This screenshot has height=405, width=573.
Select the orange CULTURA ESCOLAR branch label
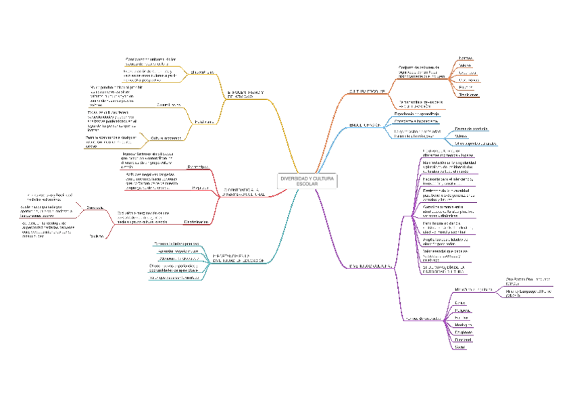point(368,91)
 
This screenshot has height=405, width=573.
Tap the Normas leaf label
point(466,58)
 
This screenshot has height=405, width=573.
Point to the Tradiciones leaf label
point(468,95)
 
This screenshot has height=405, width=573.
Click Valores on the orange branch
point(466,66)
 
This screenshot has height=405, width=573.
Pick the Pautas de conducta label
point(471,128)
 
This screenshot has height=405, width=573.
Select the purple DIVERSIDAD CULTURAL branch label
point(371,266)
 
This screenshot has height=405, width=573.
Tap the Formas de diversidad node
point(424,318)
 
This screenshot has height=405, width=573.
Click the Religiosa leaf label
point(463,310)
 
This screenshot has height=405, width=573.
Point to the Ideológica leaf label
point(463,325)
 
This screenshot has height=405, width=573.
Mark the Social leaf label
point(460,348)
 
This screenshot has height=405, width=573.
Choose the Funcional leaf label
point(463,340)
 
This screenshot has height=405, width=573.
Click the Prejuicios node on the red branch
point(199,188)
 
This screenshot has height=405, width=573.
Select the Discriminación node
point(195,221)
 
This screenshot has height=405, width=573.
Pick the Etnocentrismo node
point(197,166)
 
